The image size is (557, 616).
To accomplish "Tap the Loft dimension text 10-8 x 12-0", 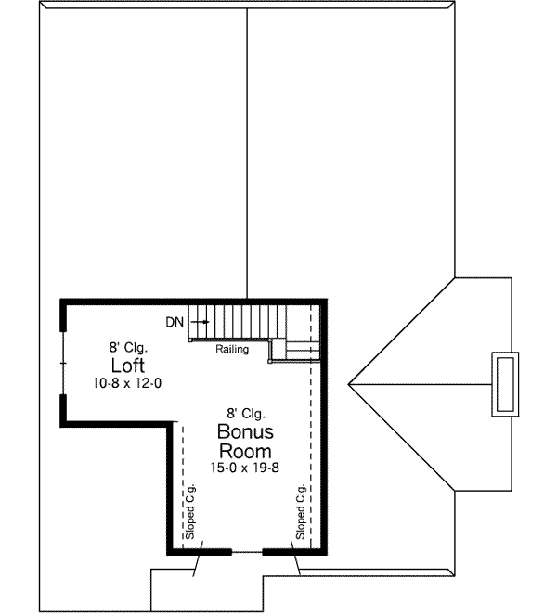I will click(x=128, y=383).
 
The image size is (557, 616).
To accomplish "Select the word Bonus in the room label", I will click(x=245, y=432).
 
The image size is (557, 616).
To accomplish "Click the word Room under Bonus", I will click(x=245, y=452).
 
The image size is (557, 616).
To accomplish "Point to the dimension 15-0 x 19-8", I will click(x=245, y=469).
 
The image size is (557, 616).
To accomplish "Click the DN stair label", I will click(x=175, y=322).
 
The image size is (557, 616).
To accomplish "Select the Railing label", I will click(x=232, y=350).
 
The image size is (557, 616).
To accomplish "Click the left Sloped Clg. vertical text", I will click(x=190, y=513).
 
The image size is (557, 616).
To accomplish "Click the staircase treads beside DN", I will click(x=232, y=321).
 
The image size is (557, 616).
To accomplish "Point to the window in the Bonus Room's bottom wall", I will click(x=246, y=552).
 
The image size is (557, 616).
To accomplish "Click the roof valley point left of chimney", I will click(x=351, y=382).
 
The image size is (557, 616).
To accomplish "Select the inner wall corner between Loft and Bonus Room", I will click(x=172, y=423).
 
